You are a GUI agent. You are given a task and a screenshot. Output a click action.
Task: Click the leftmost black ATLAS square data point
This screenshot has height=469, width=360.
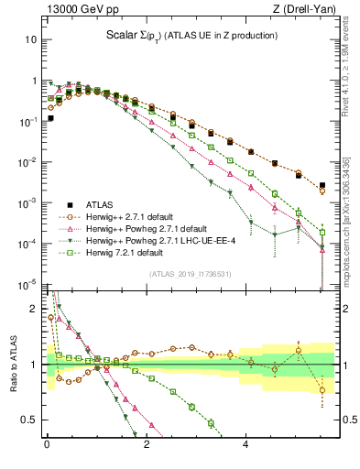50,118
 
